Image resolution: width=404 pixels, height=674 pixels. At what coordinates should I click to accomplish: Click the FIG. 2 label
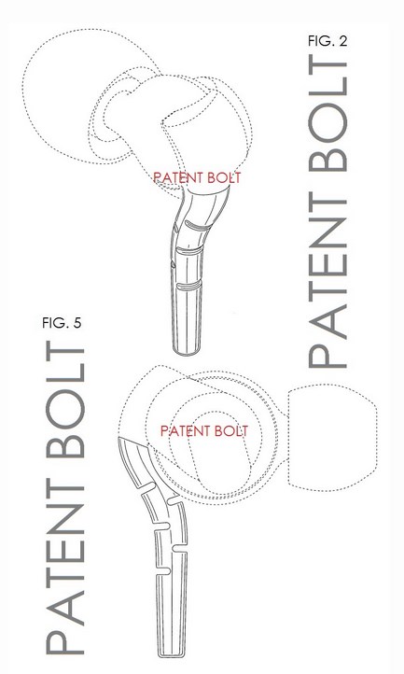pyautogui.click(x=327, y=41)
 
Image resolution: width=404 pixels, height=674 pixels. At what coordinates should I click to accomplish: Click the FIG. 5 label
pyautogui.click(x=62, y=322)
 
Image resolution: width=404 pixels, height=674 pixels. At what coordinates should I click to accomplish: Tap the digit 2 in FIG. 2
pyautogui.click(x=342, y=41)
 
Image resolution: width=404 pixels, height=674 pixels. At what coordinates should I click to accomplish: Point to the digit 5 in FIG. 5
pyautogui.click(x=77, y=322)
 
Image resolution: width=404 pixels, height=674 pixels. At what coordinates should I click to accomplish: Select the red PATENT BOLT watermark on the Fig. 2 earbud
pyautogui.click(x=197, y=177)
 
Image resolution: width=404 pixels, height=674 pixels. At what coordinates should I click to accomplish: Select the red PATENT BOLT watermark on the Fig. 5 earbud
pyautogui.click(x=204, y=430)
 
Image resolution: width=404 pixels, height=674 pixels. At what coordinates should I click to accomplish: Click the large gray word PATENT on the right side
pyautogui.click(x=327, y=284)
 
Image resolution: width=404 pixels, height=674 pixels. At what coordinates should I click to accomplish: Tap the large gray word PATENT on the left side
pyautogui.click(x=64, y=570)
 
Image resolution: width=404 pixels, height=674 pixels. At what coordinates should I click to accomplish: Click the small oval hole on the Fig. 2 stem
pyautogui.click(x=172, y=266)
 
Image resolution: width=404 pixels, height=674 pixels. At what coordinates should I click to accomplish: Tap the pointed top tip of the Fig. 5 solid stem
pyautogui.click(x=118, y=439)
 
